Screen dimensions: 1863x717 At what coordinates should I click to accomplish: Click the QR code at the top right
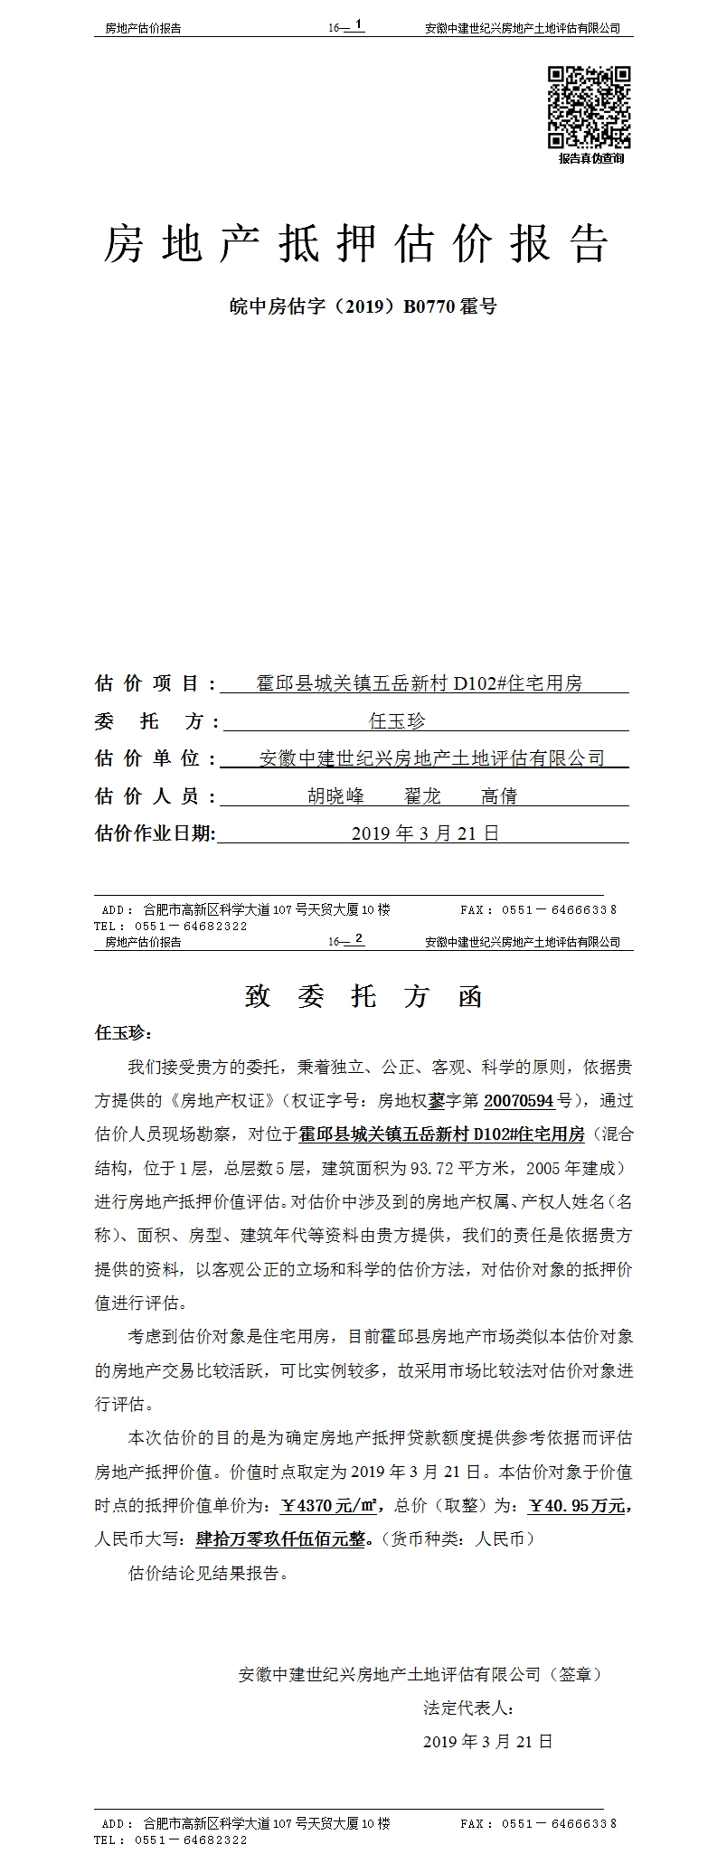[x=590, y=107]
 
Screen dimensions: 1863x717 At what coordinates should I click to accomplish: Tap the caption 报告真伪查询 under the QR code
[x=590, y=158]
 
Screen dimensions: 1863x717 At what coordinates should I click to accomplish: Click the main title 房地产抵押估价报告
[x=356, y=244]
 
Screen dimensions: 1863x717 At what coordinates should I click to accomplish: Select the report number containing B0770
[x=363, y=306]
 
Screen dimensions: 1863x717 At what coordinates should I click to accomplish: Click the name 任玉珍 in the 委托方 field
[x=397, y=721]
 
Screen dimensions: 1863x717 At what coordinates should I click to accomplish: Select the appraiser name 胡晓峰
[x=335, y=796]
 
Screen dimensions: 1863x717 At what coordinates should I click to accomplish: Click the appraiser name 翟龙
[x=422, y=796]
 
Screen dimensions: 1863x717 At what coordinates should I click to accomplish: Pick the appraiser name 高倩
[x=498, y=796]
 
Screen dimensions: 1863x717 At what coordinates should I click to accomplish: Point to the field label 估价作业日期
[x=156, y=833]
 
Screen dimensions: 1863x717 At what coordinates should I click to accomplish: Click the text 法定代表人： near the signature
[x=469, y=1708]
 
